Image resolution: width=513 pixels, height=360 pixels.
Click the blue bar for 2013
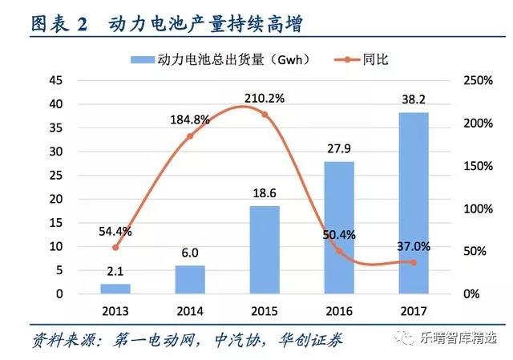115,289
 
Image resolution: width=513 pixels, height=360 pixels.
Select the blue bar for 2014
190,280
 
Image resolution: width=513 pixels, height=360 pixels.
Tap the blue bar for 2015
265,250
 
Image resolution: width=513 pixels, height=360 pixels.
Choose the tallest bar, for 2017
414,203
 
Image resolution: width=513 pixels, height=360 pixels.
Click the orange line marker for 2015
265,115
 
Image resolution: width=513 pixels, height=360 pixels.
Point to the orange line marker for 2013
115,247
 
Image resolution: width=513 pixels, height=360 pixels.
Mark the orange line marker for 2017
414,262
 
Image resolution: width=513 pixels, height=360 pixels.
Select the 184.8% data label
191,120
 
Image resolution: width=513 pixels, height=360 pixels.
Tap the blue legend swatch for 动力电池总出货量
142,59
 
